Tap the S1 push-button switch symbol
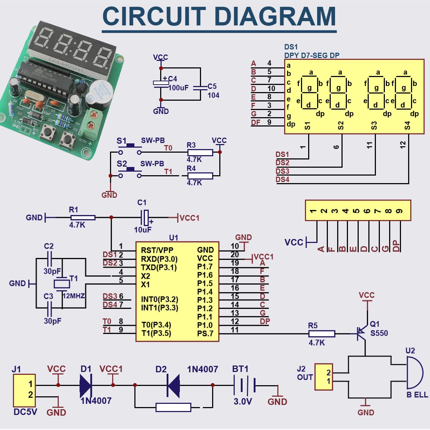click(x=130, y=149)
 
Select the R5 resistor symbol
click(x=322, y=334)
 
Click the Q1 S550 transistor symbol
click(x=362, y=333)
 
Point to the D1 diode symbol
click(x=86, y=385)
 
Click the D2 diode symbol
click(x=173, y=385)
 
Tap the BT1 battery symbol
click(x=244, y=386)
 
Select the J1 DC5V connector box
click(x=24, y=390)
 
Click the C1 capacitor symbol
click(x=145, y=217)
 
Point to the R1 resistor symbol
click(x=83, y=218)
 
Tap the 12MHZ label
click(x=74, y=296)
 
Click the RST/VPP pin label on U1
click(x=157, y=250)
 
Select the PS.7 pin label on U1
click(x=205, y=334)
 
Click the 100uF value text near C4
click(x=178, y=88)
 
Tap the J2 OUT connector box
click(x=324, y=377)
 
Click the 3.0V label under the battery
click(x=243, y=402)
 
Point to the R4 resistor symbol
click(x=200, y=176)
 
